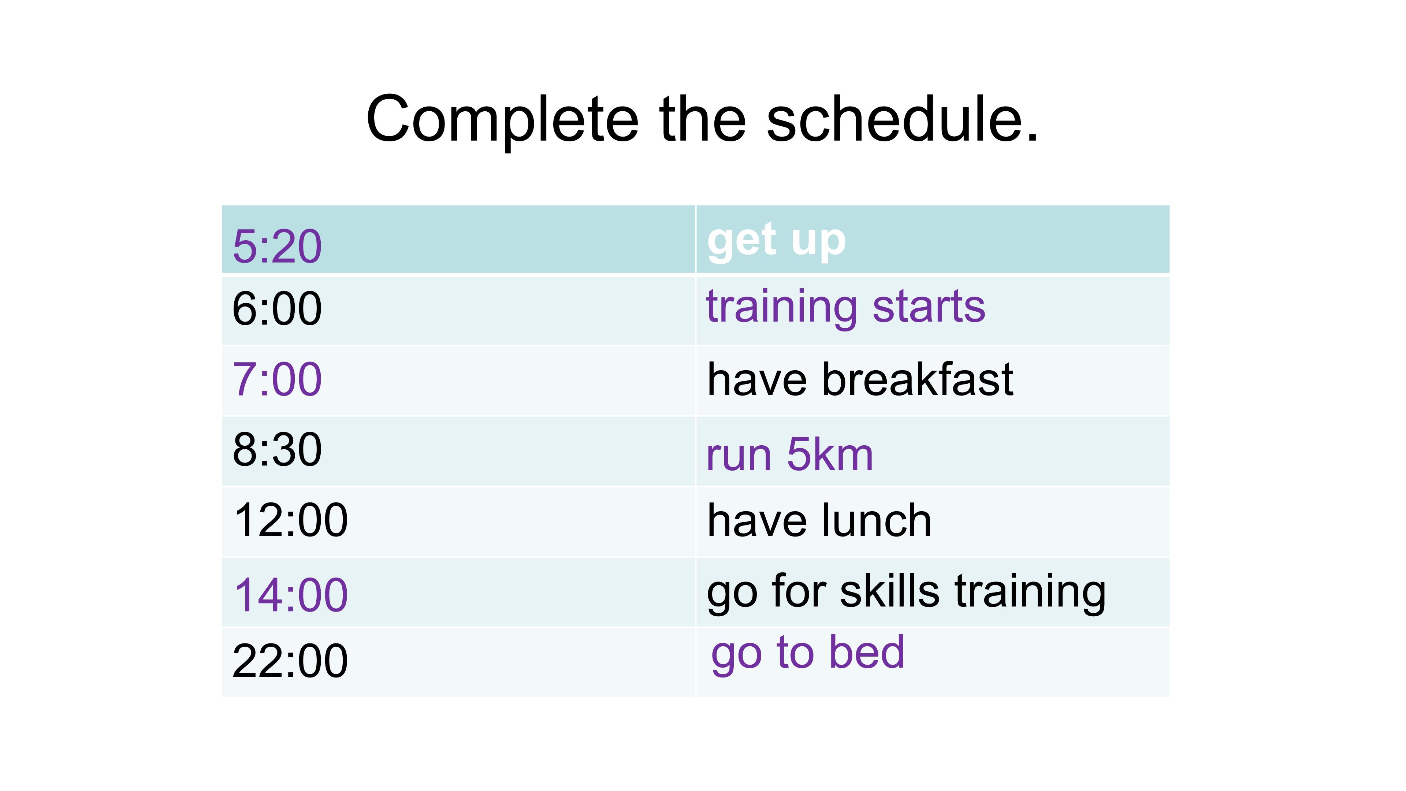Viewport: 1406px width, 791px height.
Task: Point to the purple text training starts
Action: (x=845, y=307)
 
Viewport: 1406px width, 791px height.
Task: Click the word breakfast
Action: (x=918, y=379)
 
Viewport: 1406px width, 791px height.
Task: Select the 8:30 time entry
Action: (x=277, y=449)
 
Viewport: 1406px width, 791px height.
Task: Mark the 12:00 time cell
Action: (x=290, y=520)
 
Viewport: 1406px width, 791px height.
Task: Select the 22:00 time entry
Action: (x=290, y=661)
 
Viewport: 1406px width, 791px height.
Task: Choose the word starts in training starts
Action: (x=929, y=307)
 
